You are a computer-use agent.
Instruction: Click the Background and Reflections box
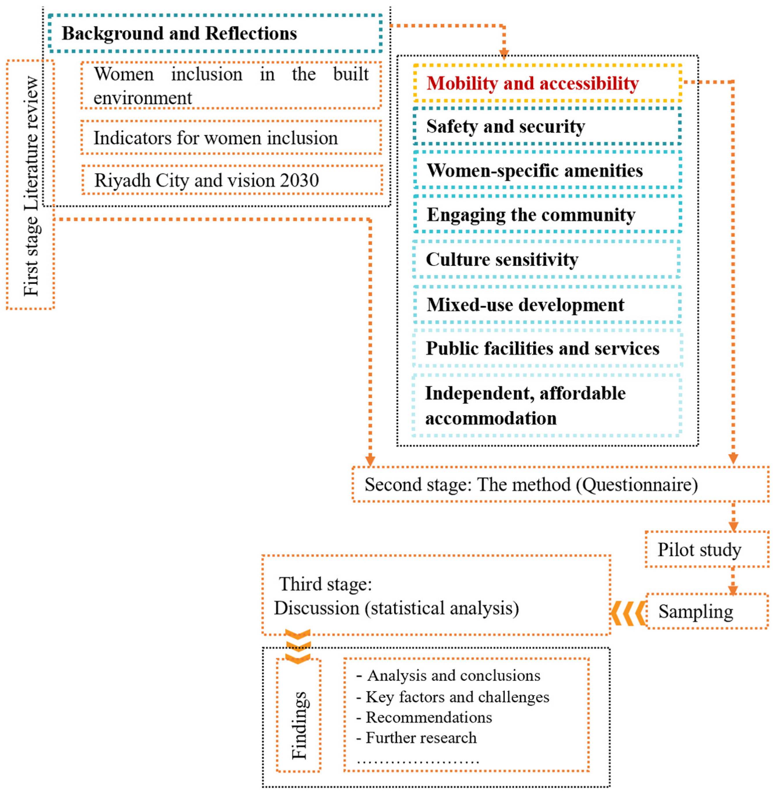[215, 33]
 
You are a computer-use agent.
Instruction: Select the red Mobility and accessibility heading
[532, 83]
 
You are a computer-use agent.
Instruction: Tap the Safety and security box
[547, 126]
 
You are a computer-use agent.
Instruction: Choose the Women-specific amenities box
[547, 170]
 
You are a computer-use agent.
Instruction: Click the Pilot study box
[706, 550]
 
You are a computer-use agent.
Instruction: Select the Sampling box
[706, 611]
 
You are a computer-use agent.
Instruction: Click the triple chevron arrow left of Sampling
[628, 613]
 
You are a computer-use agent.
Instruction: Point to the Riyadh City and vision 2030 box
[232, 180]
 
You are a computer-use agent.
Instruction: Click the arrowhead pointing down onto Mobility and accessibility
[504, 54]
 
